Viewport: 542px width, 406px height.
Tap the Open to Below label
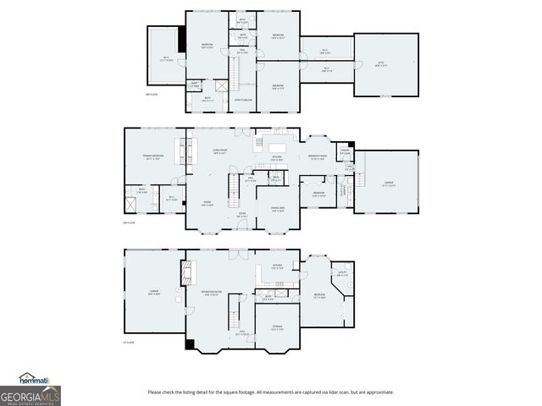244,100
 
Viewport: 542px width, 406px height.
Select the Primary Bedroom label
152,157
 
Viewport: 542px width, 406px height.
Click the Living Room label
218,151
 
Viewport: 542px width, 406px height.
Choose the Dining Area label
277,211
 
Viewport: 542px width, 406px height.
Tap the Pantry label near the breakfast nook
345,152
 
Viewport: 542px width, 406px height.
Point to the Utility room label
342,273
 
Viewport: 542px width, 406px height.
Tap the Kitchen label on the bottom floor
277,266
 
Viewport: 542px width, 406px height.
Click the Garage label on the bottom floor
154,292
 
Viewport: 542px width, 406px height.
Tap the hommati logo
36,378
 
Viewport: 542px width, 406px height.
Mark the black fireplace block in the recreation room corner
190,345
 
